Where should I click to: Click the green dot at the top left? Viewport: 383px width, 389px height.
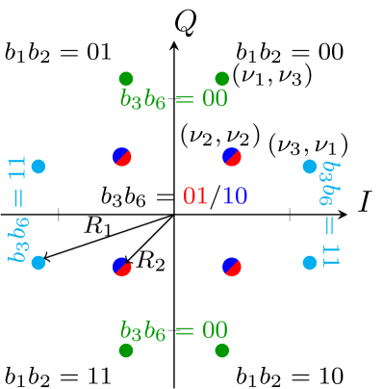126,79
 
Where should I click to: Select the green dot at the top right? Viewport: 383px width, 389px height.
222,79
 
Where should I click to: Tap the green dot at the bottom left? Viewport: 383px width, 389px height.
126,350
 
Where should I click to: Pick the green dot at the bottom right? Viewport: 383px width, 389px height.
222,350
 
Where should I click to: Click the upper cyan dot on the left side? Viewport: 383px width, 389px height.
38,167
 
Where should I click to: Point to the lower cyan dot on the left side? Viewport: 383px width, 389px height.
38,262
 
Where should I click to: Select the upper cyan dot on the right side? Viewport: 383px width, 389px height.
310,167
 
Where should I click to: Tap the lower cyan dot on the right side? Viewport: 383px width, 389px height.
310,262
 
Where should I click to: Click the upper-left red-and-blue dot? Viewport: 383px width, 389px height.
122,157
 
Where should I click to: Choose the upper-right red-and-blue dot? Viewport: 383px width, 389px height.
232,157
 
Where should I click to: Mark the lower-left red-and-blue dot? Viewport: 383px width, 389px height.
122,267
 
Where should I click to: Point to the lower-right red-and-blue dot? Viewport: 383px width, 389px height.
232,267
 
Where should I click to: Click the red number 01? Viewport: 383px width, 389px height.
195,196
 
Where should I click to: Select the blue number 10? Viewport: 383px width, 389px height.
235,196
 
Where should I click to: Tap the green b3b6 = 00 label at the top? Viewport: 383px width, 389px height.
173,99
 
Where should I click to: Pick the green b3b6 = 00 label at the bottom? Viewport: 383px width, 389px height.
173,330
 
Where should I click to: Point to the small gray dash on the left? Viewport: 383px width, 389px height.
59,214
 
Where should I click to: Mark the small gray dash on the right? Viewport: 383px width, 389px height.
290,214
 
